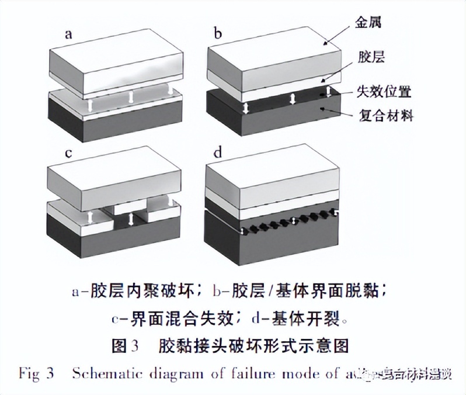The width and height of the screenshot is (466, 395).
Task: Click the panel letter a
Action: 69,33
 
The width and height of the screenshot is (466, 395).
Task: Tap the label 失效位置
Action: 385,92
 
